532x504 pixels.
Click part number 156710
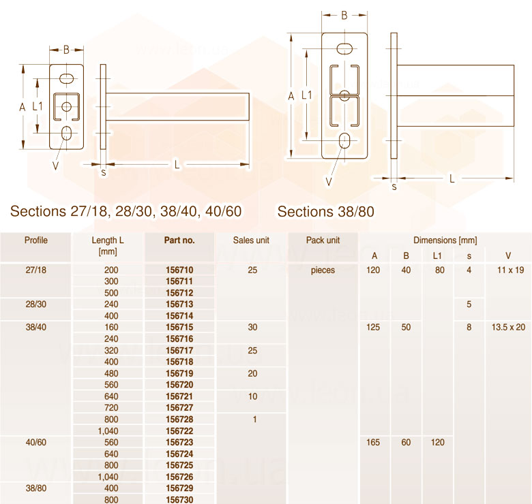(179, 270)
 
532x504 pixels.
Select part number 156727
(179, 407)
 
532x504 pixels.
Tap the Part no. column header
(179, 240)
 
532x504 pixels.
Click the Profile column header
(36, 240)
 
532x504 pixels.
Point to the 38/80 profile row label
(36, 488)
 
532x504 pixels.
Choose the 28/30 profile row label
(36, 304)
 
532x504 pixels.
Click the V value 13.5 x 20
(508, 327)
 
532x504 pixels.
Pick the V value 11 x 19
(511, 270)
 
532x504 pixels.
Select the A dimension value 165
(373, 442)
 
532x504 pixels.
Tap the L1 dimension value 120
(438, 442)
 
